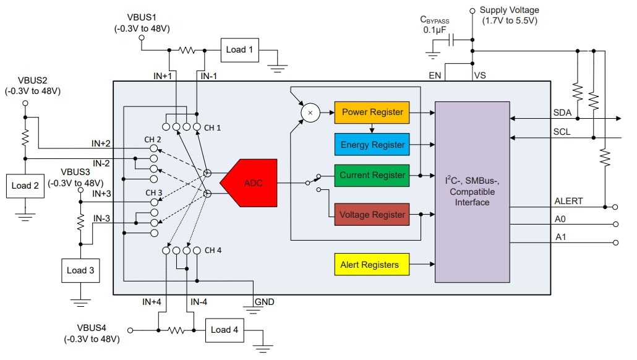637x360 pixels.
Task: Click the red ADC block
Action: click(250, 183)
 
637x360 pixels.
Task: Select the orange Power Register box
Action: click(372, 112)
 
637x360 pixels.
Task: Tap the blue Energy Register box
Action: click(372, 144)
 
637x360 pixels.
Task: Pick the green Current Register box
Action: click(372, 176)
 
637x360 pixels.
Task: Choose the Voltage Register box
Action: click(372, 215)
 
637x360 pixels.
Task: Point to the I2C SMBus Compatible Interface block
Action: click(472, 191)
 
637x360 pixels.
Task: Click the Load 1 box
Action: click(239, 49)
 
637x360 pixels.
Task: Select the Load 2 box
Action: click(25, 186)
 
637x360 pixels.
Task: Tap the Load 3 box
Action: click(80, 270)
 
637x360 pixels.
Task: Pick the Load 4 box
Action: click(224, 330)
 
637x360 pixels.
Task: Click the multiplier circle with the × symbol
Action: click(310, 113)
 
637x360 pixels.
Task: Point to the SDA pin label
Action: click(562, 112)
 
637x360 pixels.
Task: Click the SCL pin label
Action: click(562, 132)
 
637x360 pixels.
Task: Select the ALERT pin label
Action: click(568, 201)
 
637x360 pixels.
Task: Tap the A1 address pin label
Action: click(560, 237)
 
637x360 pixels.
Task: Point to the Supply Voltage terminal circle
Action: click(472, 11)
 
